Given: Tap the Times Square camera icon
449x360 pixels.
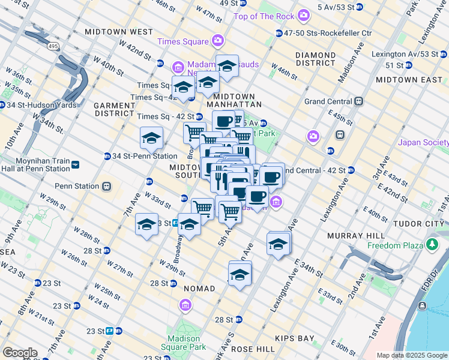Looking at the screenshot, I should (217, 41).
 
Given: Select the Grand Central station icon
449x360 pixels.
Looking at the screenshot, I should (358, 101).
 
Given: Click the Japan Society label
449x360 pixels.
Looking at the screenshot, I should (423, 142).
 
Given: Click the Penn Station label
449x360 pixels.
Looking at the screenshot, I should (76, 186).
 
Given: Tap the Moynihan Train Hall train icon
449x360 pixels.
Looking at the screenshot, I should (74, 164).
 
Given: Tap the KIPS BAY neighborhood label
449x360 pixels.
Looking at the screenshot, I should (294, 338).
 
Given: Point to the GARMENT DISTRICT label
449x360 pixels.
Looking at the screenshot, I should (114, 109).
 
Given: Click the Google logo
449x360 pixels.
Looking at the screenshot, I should (19, 353).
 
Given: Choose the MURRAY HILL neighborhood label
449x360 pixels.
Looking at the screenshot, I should (352, 236).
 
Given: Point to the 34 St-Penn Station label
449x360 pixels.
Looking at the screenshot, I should (144, 157).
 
